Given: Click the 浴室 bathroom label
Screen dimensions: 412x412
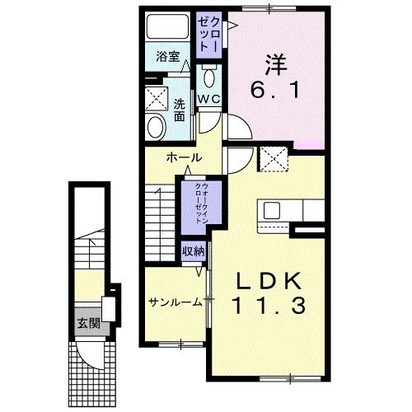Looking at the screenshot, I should point(168,59).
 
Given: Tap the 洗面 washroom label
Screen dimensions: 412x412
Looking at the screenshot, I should point(179,110).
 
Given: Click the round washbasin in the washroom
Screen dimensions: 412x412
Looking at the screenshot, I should point(154,126).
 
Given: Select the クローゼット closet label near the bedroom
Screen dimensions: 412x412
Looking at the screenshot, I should point(207,32).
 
